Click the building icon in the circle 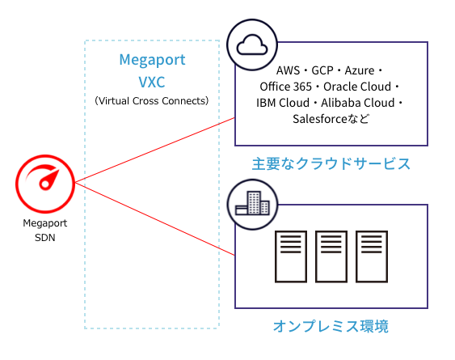tap(251, 202)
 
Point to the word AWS tap(289, 70)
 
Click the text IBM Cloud tap(283, 103)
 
